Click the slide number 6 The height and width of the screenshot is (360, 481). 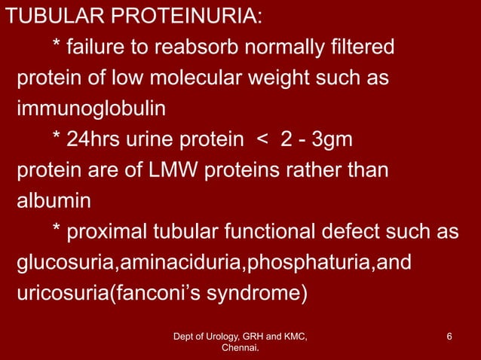click(449, 336)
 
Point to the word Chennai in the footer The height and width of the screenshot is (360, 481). click(239, 349)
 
